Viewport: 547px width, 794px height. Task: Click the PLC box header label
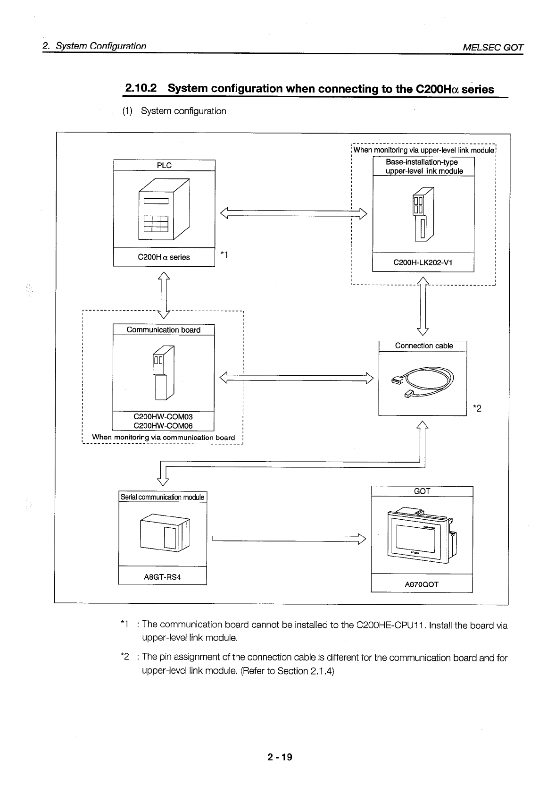pos(164,165)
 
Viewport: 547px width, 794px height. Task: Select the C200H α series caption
pos(164,257)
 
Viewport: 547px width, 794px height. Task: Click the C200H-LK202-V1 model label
pos(423,262)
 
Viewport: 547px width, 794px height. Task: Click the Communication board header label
pos(163,330)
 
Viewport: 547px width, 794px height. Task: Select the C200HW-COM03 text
pos(163,417)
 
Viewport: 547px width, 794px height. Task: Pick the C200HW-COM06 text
pos(163,426)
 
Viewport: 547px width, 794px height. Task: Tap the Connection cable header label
pos(423,346)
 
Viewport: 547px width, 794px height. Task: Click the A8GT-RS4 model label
pos(162,577)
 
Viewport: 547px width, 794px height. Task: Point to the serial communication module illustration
pos(165,532)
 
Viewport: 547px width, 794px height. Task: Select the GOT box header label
pos(422,491)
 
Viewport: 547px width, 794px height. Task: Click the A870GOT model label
pos(422,584)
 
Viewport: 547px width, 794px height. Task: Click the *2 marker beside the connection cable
pos(477,408)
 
